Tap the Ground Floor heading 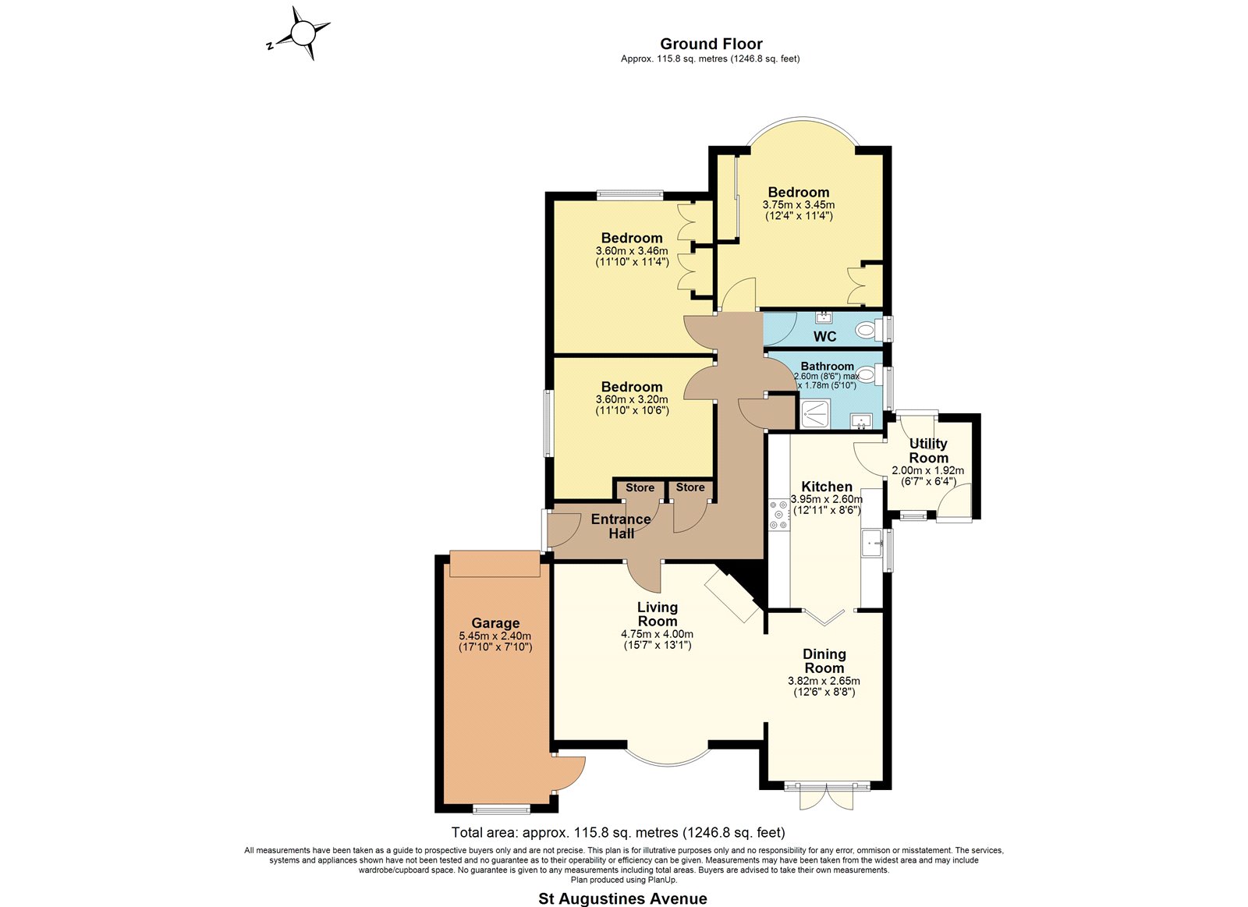pyautogui.click(x=711, y=44)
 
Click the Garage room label pyautogui.click(x=495, y=623)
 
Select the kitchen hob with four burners pyautogui.click(x=779, y=514)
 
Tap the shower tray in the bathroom pyautogui.click(x=815, y=413)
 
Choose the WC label pyautogui.click(x=824, y=336)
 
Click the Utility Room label pyautogui.click(x=927, y=451)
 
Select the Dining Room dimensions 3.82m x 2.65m pyautogui.click(x=824, y=681)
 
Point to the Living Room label pyautogui.click(x=658, y=614)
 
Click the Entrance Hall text pyautogui.click(x=621, y=526)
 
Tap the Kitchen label pyautogui.click(x=827, y=487)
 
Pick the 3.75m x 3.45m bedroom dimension pyautogui.click(x=799, y=205)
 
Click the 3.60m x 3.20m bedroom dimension pyautogui.click(x=632, y=399)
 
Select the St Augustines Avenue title pyautogui.click(x=622, y=898)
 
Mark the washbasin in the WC pyautogui.click(x=824, y=317)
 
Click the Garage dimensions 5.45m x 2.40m pyautogui.click(x=495, y=636)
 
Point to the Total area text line pyautogui.click(x=618, y=832)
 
